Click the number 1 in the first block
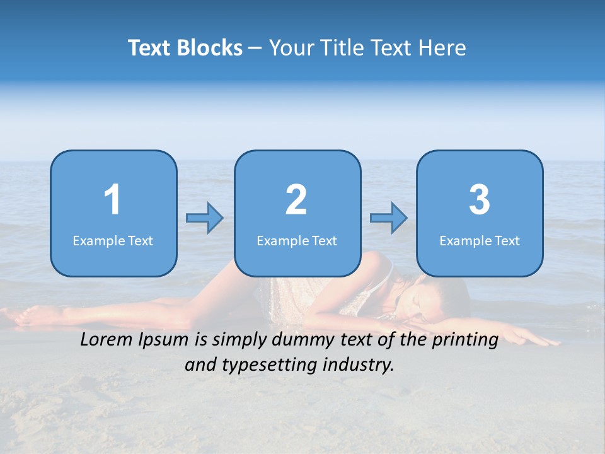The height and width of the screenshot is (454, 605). [x=112, y=200]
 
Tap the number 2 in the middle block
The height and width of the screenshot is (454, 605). [x=296, y=200]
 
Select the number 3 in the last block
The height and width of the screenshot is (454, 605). [x=480, y=200]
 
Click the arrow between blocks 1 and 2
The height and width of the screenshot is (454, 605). [x=205, y=218]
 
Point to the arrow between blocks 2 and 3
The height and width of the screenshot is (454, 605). [x=389, y=218]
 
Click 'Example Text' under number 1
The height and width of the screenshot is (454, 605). [x=113, y=240]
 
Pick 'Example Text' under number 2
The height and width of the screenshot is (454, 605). [x=297, y=240]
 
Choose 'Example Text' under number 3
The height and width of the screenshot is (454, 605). [x=480, y=240]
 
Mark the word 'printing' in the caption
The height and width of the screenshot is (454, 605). [x=464, y=340]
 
